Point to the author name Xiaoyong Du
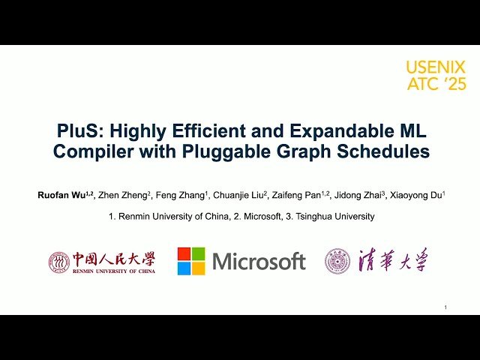pyautogui.click(x=415, y=195)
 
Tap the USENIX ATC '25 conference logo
pyautogui.click(x=436, y=76)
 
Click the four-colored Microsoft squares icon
pyautogui.click(x=190, y=261)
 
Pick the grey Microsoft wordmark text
pyautogui.click(x=259, y=262)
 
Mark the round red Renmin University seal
pyautogui.click(x=59, y=262)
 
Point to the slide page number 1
pyautogui.click(x=445, y=307)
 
